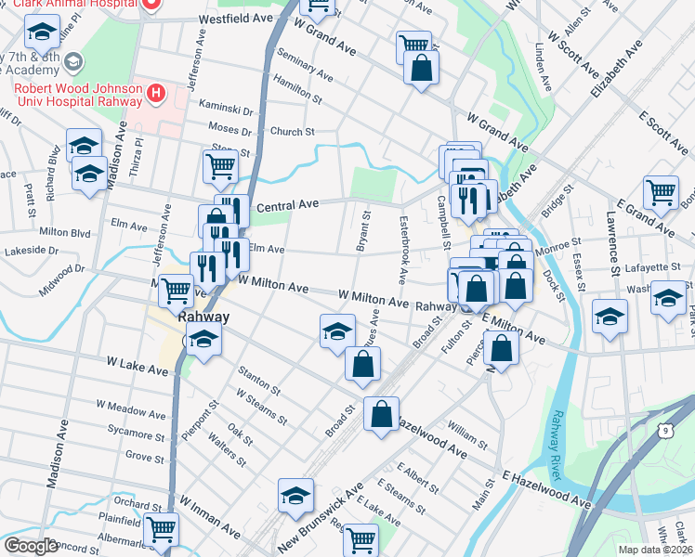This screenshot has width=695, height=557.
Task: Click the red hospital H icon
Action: (x=156, y=93)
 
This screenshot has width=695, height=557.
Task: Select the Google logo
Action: (x=31, y=546)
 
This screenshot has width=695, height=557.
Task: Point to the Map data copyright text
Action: (x=656, y=550)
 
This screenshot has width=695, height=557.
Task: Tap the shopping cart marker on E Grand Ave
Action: (x=661, y=192)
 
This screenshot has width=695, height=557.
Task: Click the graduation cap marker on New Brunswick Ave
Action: (x=296, y=497)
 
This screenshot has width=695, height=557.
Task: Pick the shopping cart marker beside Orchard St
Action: (x=161, y=529)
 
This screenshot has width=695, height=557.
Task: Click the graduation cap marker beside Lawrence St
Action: (x=610, y=317)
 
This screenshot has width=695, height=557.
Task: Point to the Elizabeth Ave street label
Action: (x=616, y=71)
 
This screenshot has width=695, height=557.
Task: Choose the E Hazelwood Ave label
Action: (x=547, y=488)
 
